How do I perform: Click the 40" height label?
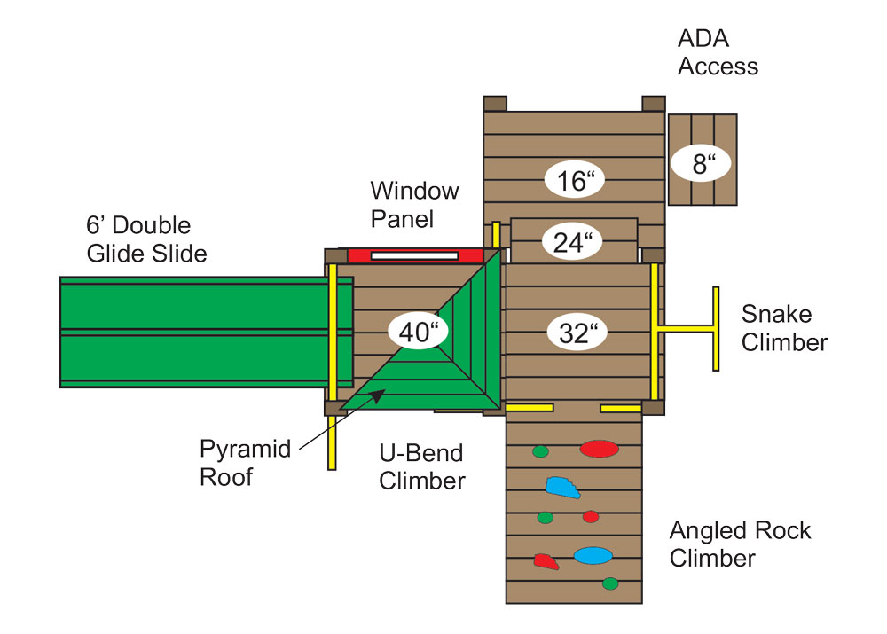[x=418, y=331]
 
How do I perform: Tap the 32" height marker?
[x=577, y=332]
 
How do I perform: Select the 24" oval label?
[x=572, y=242]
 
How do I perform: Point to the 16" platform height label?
[x=575, y=180]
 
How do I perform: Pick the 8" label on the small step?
[x=702, y=163]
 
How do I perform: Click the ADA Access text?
[x=718, y=52]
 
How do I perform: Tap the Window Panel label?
[x=414, y=205]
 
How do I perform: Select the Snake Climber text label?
[x=784, y=328]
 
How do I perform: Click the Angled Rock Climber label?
[x=740, y=544]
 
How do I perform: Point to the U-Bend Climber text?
[x=421, y=466]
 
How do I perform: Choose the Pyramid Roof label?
[x=245, y=463]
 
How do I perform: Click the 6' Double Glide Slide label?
[x=146, y=239]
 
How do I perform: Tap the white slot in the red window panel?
[x=414, y=256]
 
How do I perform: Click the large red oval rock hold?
[x=599, y=449]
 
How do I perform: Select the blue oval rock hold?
[x=593, y=555]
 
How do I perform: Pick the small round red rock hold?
[x=591, y=516]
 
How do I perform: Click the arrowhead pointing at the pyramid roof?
[x=379, y=395]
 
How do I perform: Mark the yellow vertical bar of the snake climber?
[x=716, y=329]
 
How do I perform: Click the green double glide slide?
[x=207, y=332]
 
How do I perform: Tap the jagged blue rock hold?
[x=562, y=488]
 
